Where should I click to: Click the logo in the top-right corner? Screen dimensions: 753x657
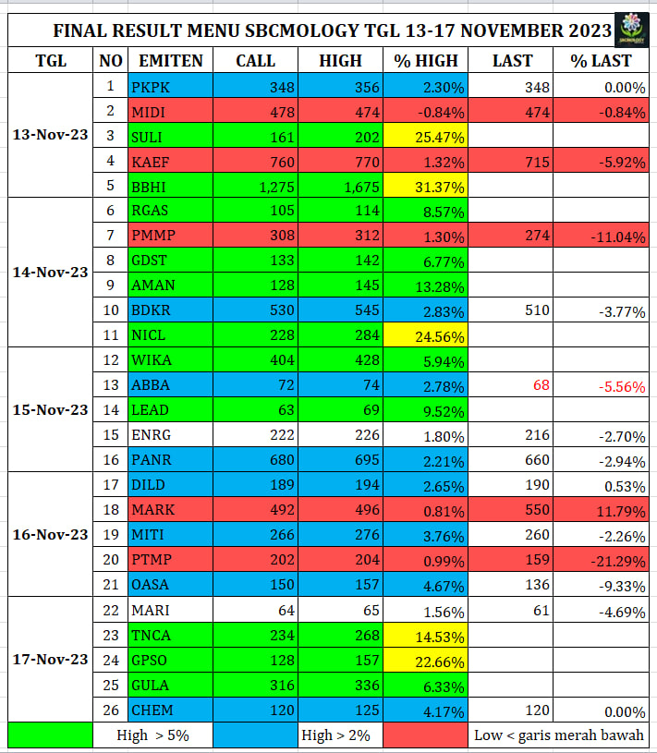(x=632, y=30)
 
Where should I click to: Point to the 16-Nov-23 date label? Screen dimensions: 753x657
(x=51, y=534)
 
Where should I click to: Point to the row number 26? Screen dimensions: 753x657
(x=111, y=710)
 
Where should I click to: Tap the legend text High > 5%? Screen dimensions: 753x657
(x=152, y=735)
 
